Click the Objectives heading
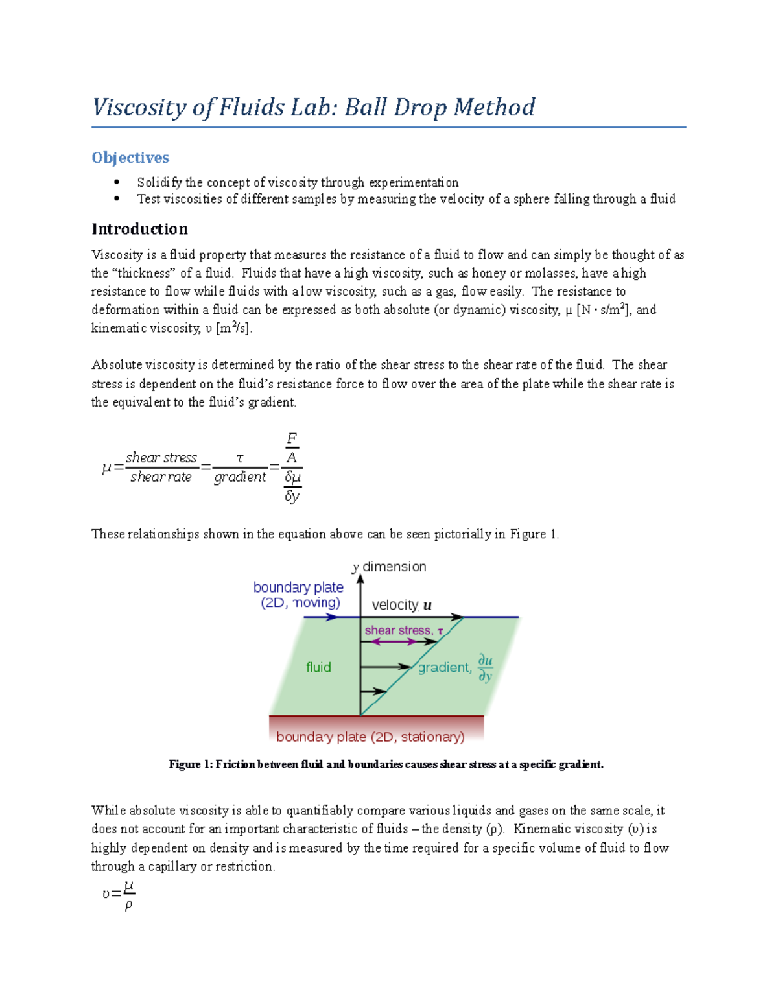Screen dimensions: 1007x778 click(130, 158)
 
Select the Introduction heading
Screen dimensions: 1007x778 click(139, 229)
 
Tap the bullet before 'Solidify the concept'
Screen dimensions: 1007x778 click(117, 182)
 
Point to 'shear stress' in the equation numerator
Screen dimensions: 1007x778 click(161, 458)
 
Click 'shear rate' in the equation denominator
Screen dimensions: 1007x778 click(161, 477)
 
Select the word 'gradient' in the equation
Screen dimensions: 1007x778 click(240, 477)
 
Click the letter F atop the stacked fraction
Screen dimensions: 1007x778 click(292, 439)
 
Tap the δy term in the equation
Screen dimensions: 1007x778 click(292, 497)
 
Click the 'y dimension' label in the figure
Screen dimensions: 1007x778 click(390, 567)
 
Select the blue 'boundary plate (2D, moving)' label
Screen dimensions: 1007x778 click(299, 595)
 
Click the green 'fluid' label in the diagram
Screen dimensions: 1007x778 click(318, 667)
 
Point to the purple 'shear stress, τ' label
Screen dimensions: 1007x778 click(403, 630)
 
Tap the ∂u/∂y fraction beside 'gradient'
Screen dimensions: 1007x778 click(485, 668)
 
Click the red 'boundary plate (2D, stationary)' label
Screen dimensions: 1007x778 click(370, 737)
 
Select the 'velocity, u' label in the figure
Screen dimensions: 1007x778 click(401, 605)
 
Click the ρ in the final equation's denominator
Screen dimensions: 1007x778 click(128, 905)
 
